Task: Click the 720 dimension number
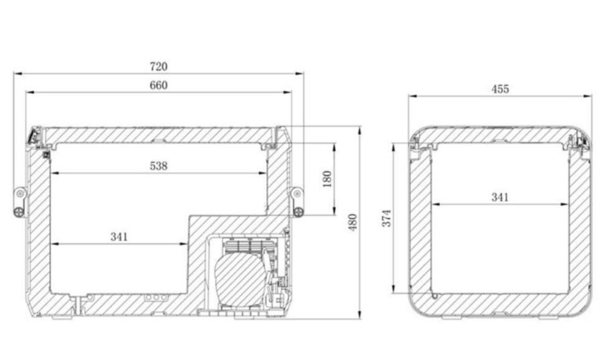point(159,66)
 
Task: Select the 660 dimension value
point(159,85)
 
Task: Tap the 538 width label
point(159,166)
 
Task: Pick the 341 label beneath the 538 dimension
point(119,237)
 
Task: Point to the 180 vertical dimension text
point(327,179)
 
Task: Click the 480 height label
point(353,223)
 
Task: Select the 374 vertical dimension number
point(387,218)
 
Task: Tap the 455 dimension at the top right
point(500,89)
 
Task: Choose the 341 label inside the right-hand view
point(500,197)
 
